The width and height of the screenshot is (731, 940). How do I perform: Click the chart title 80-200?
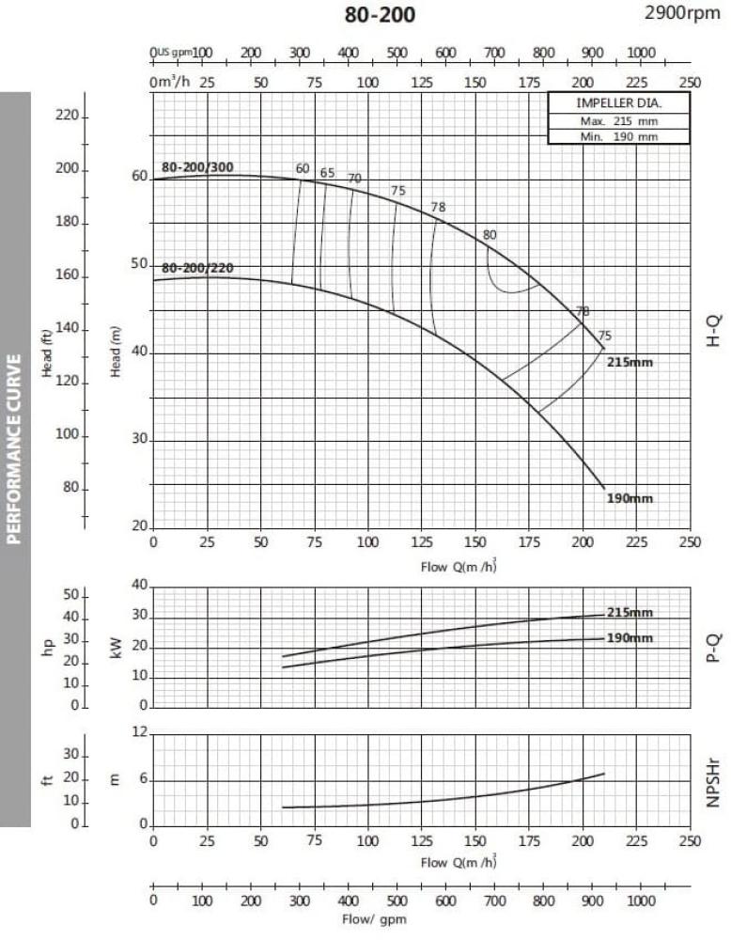tap(380, 15)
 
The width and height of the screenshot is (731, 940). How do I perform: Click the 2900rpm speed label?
tap(683, 13)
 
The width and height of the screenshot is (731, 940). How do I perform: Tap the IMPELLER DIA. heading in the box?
tap(618, 104)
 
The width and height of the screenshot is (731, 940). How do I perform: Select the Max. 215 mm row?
tap(618, 121)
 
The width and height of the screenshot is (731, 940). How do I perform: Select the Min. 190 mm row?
tap(618, 136)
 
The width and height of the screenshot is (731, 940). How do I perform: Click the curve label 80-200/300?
tap(197, 167)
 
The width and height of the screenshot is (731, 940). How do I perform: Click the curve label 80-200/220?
tap(197, 268)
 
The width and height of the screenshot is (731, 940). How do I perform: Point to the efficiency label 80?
tap(489, 235)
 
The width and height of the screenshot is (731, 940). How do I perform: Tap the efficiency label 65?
tap(327, 172)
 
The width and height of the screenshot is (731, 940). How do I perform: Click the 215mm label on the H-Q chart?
tap(630, 362)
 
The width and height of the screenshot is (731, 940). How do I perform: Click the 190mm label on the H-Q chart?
tap(630, 498)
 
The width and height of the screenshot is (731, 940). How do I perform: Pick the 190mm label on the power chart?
tap(630, 638)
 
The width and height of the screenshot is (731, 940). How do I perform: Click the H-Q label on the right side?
tap(711, 331)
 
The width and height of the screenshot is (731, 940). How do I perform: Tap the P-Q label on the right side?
tap(711, 647)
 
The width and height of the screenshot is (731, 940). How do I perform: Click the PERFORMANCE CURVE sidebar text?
tap(14, 448)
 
